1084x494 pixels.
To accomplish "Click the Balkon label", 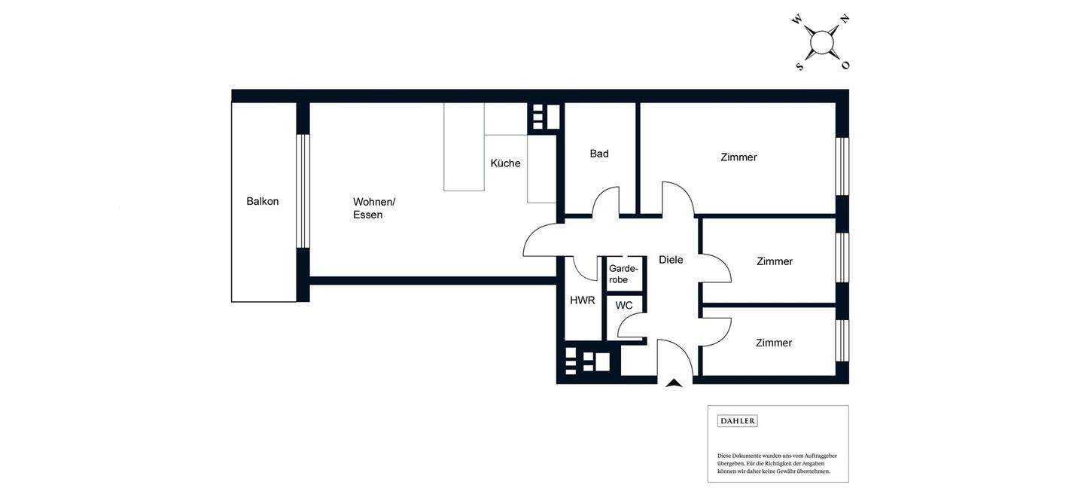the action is (262, 202).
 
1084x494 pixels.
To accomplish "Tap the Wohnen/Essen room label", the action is (374, 209).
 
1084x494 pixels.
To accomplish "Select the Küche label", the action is (505, 163).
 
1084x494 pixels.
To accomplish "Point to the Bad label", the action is (599, 154).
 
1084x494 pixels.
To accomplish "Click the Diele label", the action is (671, 260).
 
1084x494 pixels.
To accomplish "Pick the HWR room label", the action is (582, 300).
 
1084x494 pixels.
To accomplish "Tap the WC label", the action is (624, 306).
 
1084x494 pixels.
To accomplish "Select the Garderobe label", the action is (623, 274).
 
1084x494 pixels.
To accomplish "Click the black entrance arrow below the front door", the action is (674, 383).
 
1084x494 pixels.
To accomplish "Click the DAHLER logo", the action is (738, 421).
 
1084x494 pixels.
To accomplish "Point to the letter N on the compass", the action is (845, 20).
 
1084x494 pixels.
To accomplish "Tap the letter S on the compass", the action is (800, 66).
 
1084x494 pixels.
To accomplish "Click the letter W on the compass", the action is (796, 20).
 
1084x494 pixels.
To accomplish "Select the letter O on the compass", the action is (845, 65).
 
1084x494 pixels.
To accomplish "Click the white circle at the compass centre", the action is (822, 43).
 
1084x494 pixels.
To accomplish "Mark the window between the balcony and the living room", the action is (303, 191).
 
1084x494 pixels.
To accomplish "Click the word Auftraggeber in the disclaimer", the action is (821, 456).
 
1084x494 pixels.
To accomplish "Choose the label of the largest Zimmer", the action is (738, 157).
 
